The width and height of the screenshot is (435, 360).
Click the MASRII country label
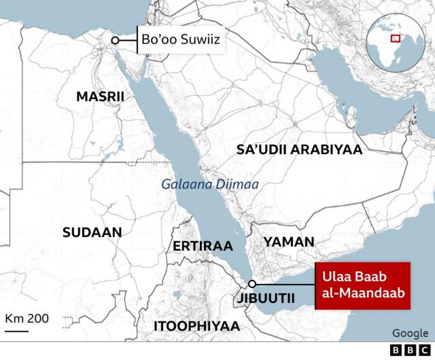[x=100, y=97]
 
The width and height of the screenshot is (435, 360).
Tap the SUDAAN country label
[x=92, y=232]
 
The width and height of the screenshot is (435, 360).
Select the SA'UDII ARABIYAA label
[x=299, y=150]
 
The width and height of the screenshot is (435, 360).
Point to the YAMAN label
[x=289, y=242]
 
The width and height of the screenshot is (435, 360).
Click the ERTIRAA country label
[x=203, y=245]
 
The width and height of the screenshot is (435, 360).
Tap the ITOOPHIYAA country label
[x=196, y=326]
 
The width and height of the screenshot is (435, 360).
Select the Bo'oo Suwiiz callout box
[x=180, y=41]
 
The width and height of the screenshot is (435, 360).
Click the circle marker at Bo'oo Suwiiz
[x=116, y=41]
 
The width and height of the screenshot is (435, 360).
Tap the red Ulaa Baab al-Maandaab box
[x=362, y=285]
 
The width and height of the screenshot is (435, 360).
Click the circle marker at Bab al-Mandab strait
[x=252, y=284]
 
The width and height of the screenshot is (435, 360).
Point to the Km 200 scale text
[x=27, y=319]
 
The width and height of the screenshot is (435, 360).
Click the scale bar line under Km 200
[x=17, y=331]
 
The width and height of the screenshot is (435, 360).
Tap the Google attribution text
[x=411, y=333]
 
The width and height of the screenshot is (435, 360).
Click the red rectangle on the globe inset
[x=394, y=38]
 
